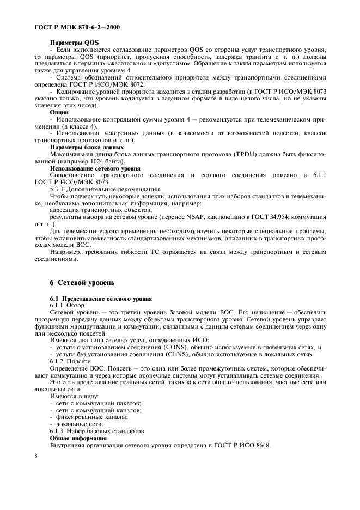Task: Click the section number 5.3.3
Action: point(58,188)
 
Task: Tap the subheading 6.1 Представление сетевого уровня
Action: point(100,299)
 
